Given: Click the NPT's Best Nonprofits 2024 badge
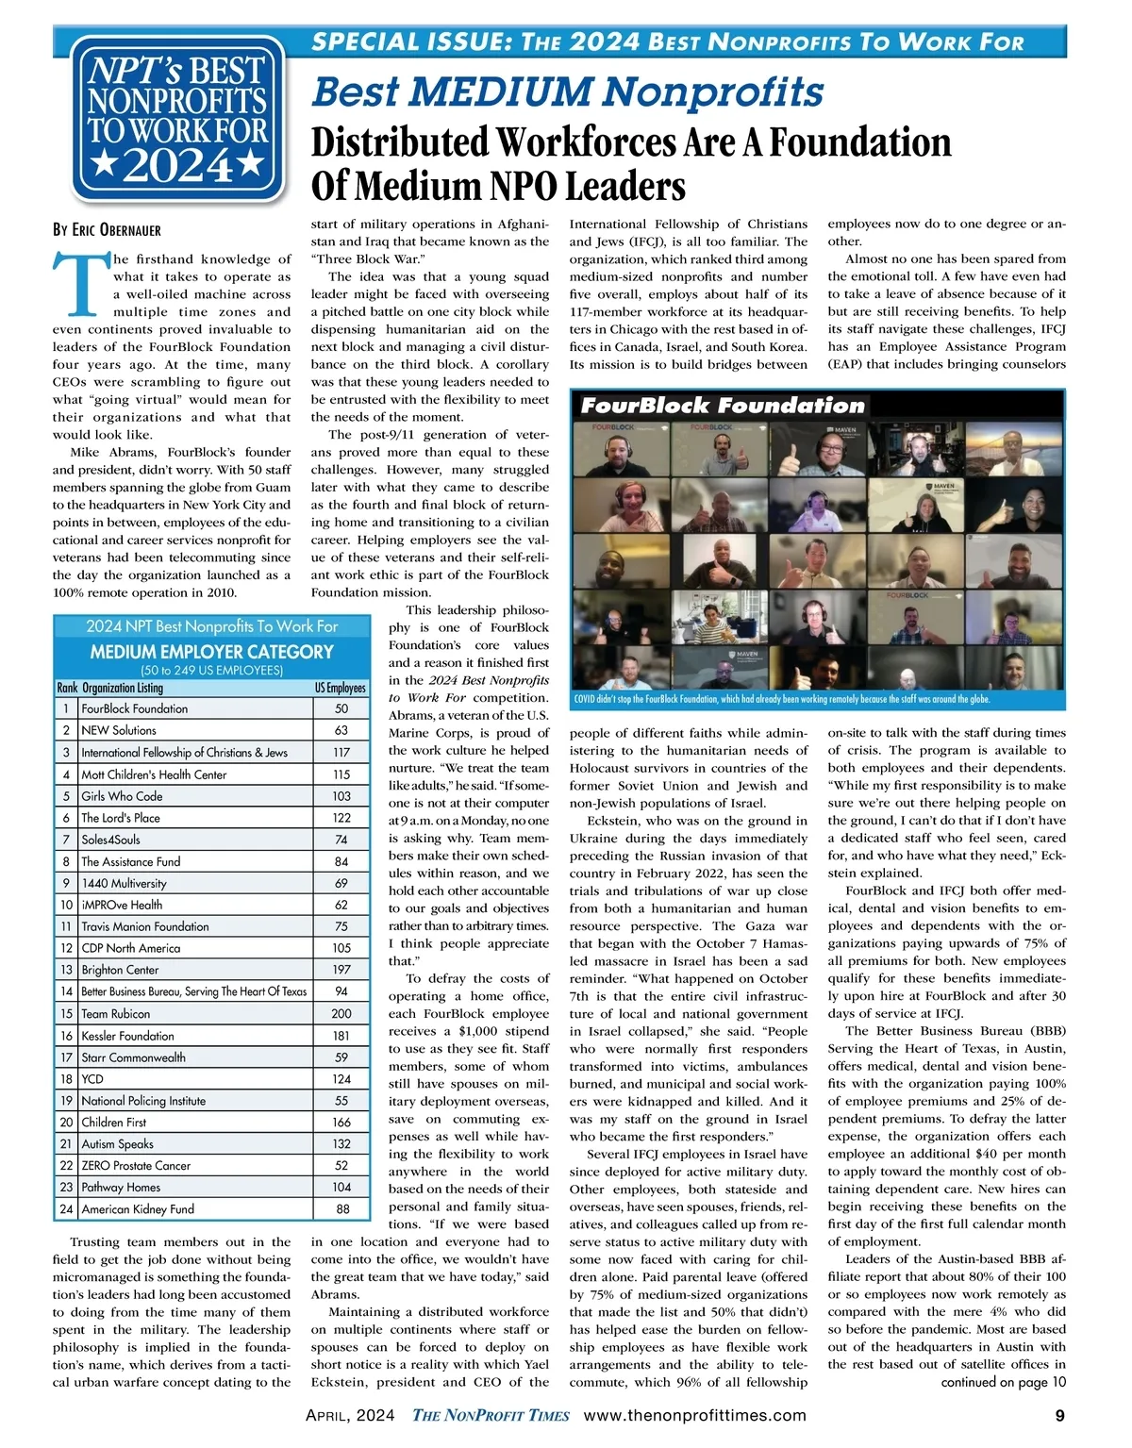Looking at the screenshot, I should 176,117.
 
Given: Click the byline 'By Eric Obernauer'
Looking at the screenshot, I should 107,229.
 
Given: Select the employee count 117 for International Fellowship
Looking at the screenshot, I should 341,753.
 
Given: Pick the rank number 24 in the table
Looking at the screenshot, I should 66,1209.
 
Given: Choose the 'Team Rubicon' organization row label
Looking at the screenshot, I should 115,1014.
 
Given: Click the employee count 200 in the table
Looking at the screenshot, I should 341,1014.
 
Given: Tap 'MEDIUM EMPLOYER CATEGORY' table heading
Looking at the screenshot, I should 211,652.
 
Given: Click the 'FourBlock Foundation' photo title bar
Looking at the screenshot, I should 722,406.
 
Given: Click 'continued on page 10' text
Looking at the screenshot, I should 1003,1382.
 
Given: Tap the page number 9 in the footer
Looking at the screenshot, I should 1060,1415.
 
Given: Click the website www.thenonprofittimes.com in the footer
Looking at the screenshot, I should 695,1415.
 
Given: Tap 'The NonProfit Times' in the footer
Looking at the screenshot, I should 491,1415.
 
